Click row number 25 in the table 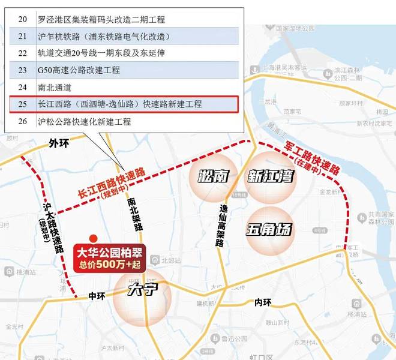point(23,104)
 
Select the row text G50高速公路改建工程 point(79,70)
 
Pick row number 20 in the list point(23,19)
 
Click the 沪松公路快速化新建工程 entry point(84,122)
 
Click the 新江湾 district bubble point(270,176)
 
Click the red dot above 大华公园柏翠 point(92,238)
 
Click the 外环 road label point(59,143)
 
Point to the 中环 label point(97,296)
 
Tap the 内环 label point(263,301)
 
